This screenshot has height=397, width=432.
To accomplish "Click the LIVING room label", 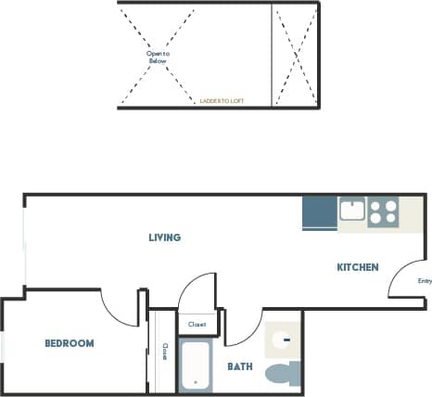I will pyautogui.click(x=165, y=237).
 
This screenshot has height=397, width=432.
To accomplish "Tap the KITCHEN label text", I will pyautogui.click(x=357, y=267).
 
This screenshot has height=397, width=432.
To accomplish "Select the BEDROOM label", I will pyautogui.click(x=70, y=343).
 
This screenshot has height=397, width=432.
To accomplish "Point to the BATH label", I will pyautogui.click(x=240, y=367).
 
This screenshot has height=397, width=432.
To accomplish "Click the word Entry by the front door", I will pyautogui.click(x=425, y=281).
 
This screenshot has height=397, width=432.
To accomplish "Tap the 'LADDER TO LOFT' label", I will pyautogui.click(x=222, y=100).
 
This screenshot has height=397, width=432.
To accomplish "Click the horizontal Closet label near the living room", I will pyautogui.click(x=197, y=325).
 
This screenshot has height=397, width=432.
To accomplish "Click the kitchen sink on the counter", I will pyautogui.click(x=351, y=210).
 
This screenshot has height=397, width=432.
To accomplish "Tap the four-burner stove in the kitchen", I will pyautogui.click(x=382, y=212).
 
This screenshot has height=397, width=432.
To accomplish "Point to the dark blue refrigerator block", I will pyautogui.click(x=319, y=213).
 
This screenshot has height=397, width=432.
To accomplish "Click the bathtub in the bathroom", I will pyautogui.click(x=196, y=365).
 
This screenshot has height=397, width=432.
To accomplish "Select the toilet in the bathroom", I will pyautogui.click(x=282, y=373).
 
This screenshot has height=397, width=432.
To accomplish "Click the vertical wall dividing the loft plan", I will pyautogui.click(x=272, y=55).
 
